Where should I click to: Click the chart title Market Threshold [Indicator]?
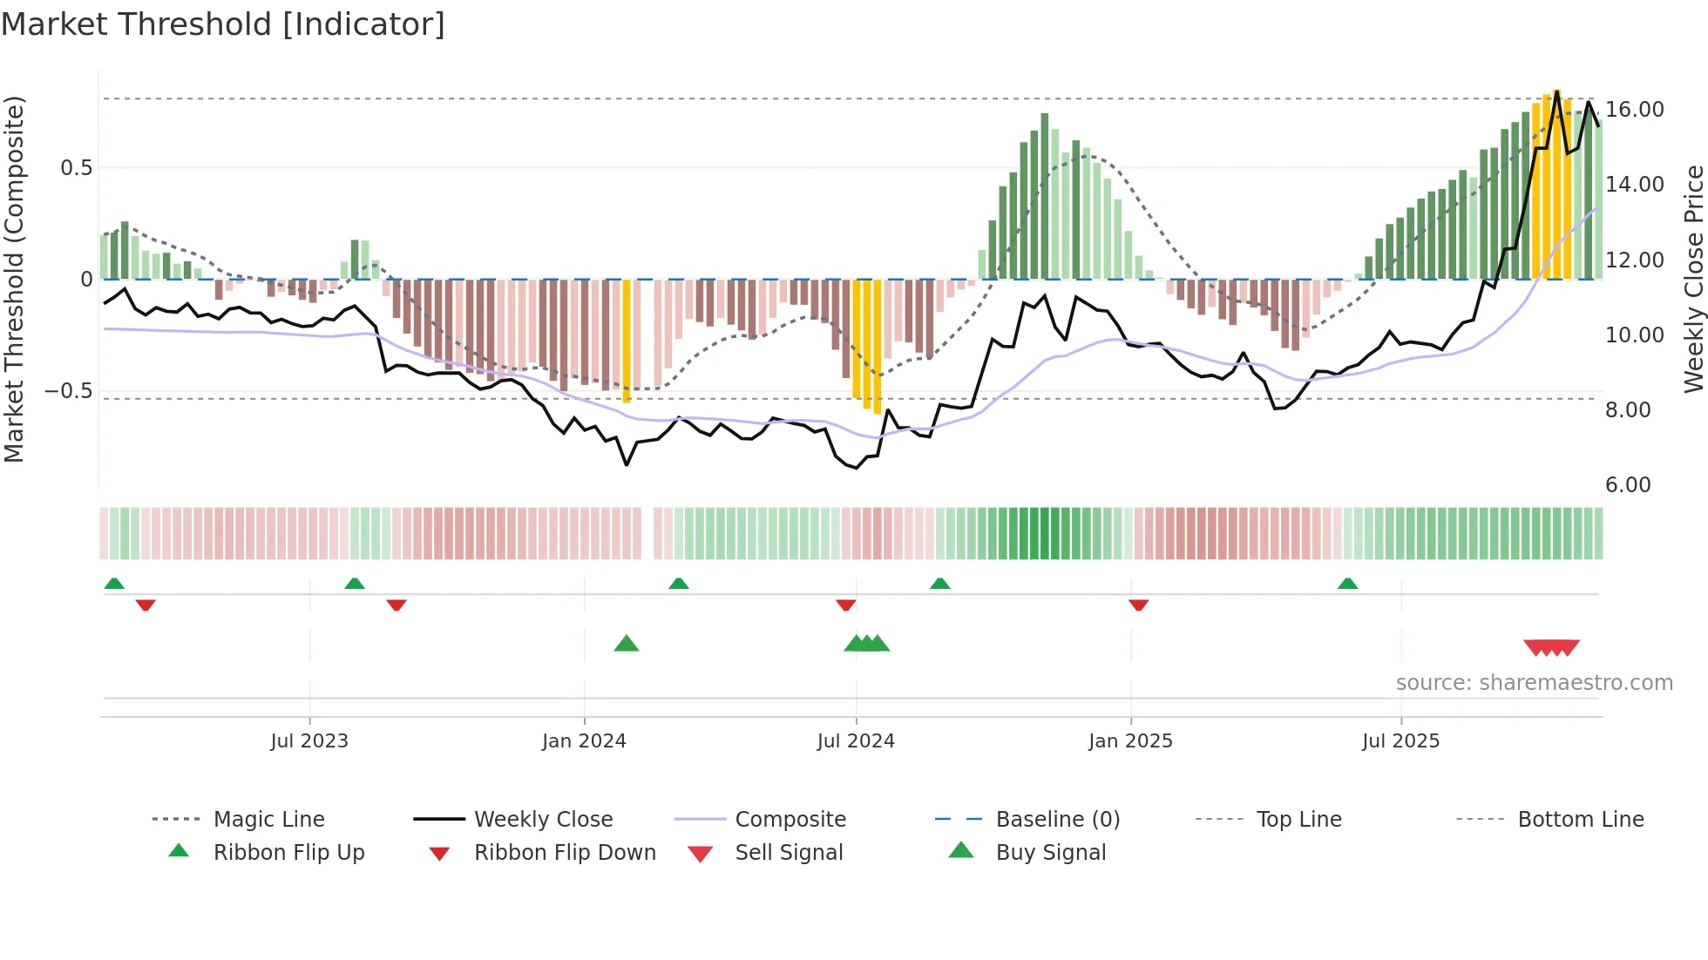pyautogui.click(x=223, y=24)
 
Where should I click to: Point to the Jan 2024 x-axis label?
pyautogui.click(x=584, y=741)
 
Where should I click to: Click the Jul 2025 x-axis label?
pyautogui.click(x=1400, y=741)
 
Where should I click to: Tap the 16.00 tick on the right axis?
pyautogui.click(x=1634, y=110)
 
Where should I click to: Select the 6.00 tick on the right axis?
pyautogui.click(x=1627, y=485)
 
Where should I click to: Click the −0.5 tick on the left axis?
pyautogui.click(x=68, y=391)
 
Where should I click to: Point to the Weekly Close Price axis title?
pyautogui.click(x=1693, y=279)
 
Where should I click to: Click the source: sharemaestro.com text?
pyautogui.click(x=1534, y=683)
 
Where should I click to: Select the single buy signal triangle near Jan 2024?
pyautogui.click(x=627, y=645)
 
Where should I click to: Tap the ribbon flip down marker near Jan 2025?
pyautogui.click(x=1138, y=605)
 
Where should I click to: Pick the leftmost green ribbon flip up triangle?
pyautogui.click(x=114, y=584)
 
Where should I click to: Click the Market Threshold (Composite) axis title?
pyautogui.click(x=14, y=279)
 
